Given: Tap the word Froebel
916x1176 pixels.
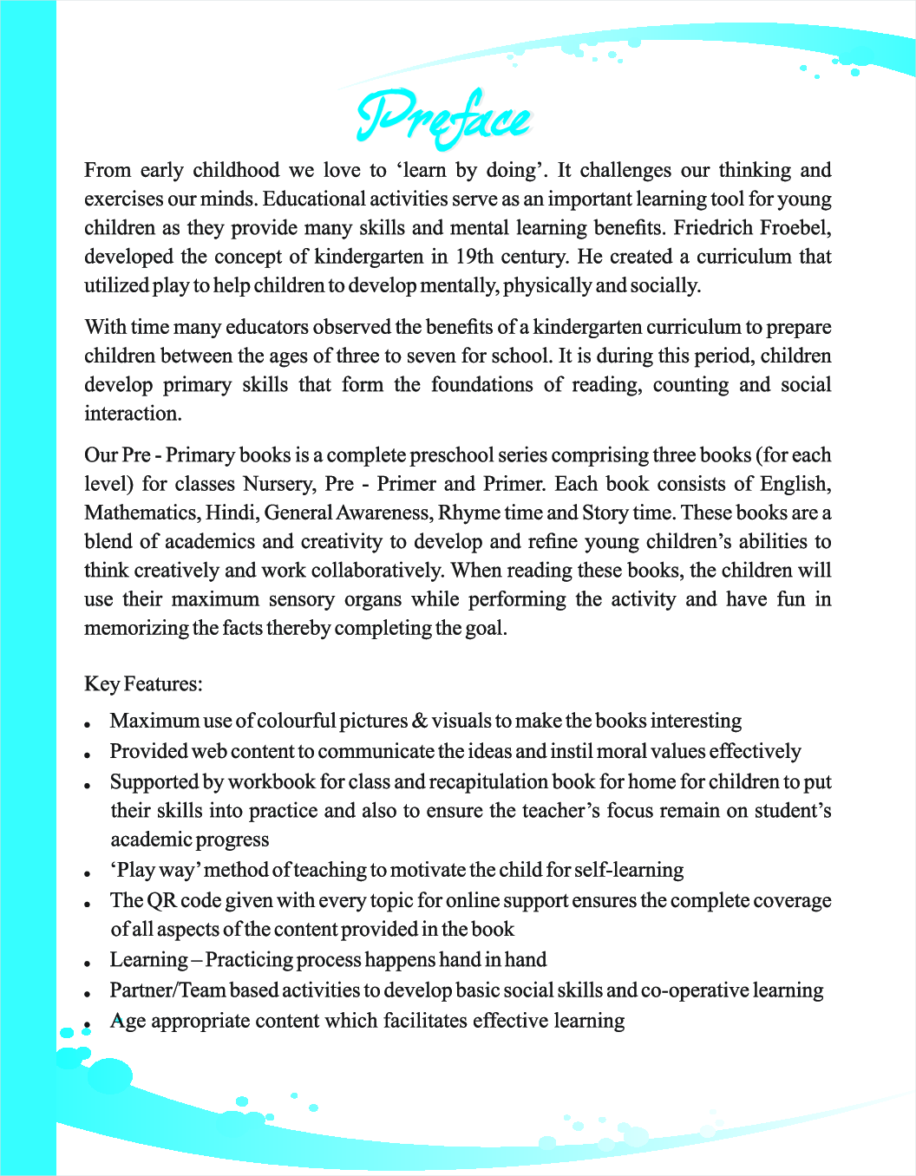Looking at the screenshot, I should tap(795, 228).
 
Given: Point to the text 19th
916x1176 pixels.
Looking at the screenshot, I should tap(474, 257).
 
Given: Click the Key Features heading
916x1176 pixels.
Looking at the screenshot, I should tap(143, 684).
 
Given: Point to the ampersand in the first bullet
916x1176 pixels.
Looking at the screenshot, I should tap(420, 722).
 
